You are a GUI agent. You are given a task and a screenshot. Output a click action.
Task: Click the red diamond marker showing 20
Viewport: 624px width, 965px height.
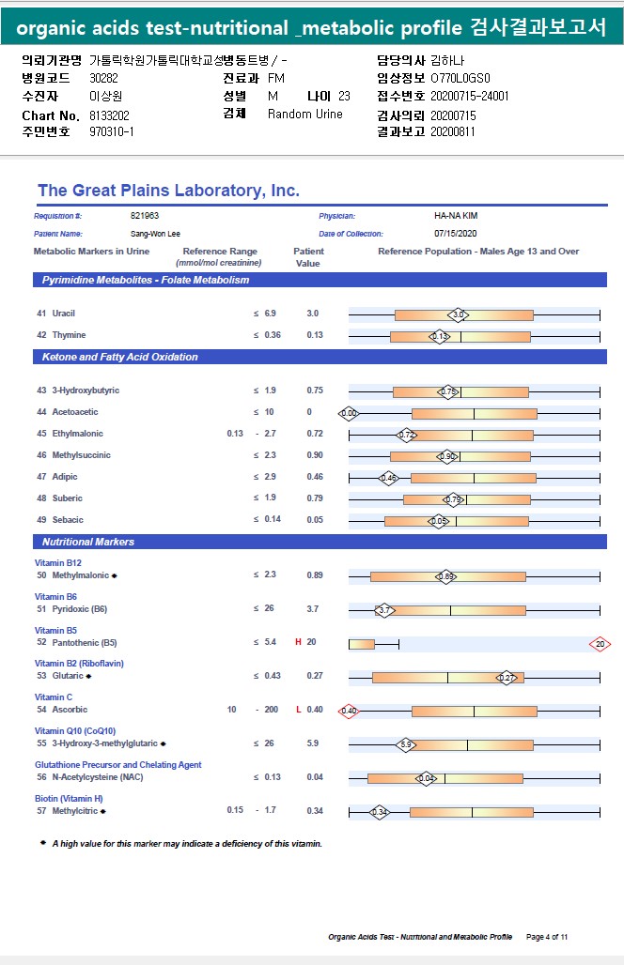pyautogui.click(x=600, y=644)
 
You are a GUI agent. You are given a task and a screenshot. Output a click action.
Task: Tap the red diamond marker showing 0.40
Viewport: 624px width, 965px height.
pyautogui.click(x=349, y=711)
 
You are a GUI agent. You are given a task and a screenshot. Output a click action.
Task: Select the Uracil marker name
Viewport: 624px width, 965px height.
pyautogui.click(x=63, y=313)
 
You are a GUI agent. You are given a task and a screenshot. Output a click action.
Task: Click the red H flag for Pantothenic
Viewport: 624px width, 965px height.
pyautogui.click(x=298, y=643)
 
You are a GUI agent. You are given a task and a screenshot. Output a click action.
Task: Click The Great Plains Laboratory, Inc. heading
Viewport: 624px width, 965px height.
pyautogui.click(x=168, y=191)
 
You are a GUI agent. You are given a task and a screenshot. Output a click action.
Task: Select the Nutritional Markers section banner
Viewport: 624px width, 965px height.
pyautogui.click(x=88, y=542)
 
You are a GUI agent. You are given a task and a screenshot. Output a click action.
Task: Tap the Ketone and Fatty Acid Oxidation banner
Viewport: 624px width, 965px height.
pyautogui.click(x=119, y=357)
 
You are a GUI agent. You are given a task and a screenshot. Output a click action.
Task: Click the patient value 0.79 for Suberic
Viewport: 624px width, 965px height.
pyautogui.click(x=315, y=498)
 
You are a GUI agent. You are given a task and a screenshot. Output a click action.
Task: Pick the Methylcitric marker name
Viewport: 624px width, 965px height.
pyautogui.click(x=74, y=811)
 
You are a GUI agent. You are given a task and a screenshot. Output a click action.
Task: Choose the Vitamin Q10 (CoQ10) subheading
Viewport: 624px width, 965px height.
pyautogui.click(x=75, y=731)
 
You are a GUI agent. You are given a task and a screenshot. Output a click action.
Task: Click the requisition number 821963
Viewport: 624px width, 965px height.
pyautogui.click(x=145, y=216)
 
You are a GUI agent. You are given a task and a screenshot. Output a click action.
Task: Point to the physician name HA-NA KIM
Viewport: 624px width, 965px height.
pyautogui.click(x=456, y=216)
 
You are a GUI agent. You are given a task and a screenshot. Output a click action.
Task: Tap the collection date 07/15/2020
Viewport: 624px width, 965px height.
pyautogui.click(x=456, y=233)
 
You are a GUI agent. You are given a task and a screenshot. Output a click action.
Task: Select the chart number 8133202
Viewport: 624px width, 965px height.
pyautogui.click(x=109, y=115)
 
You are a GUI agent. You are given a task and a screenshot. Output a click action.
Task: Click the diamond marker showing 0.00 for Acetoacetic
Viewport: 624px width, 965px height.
pyautogui.click(x=349, y=413)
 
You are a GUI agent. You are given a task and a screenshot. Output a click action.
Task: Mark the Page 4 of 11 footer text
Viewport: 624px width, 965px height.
pyautogui.click(x=547, y=937)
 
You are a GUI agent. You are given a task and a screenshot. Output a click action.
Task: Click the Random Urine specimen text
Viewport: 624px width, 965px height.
pyautogui.click(x=304, y=115)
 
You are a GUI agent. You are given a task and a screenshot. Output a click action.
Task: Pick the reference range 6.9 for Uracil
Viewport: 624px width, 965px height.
pyautogui.click(x=271, y=313)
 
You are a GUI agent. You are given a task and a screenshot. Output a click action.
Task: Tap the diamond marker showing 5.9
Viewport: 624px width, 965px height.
pyautogui.click(x=406, y=744)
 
